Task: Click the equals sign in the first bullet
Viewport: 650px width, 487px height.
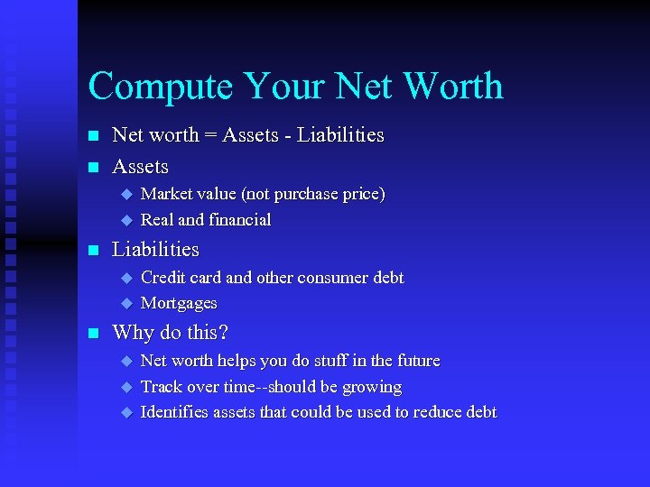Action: pos(209,135)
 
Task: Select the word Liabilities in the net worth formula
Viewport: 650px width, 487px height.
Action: pos(340,135)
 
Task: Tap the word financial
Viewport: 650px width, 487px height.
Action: pos(239,219)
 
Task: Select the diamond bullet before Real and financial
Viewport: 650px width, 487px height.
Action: pos(126,219)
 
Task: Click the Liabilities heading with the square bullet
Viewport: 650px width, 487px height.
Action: pos(155,249)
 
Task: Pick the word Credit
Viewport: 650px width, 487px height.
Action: pos(163,278)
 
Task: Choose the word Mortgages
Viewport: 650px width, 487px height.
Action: pos(179,303)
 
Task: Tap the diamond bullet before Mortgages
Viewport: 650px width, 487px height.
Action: pos(126,303)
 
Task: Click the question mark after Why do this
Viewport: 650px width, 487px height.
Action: pos(224,333)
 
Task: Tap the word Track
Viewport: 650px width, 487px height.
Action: pos(162,387)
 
